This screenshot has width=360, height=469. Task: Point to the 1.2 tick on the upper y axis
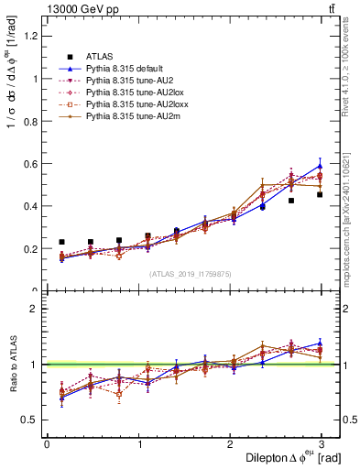pyautogui.click(x=31, y=36)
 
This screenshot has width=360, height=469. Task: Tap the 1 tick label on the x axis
pyautogui.click(x=138, y=444)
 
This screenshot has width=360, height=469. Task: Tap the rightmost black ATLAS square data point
pyautogui.click(x=320, y=194)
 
